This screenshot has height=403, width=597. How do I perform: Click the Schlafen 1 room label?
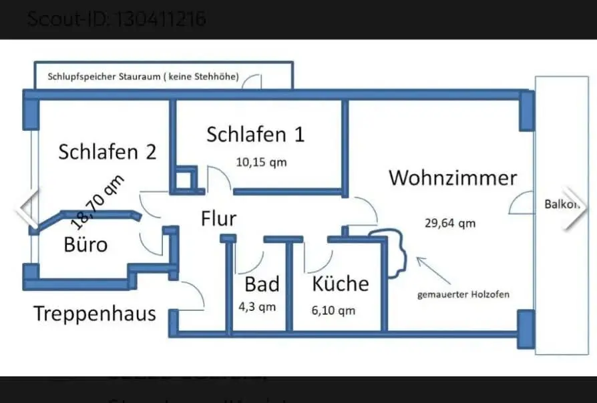coord(255,134)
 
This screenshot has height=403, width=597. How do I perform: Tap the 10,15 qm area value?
coord(261,161)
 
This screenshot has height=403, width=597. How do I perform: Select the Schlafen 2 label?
coord(107,151)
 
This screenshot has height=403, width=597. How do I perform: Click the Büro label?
coord(85,244)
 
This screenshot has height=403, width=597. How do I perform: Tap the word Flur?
coord(218,218)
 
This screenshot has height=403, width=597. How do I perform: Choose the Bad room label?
coord(262,284)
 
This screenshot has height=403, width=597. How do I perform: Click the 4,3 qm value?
coord(257,308)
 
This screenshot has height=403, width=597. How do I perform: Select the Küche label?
coord(341,284)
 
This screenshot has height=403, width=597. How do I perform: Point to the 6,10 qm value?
coord(334,310)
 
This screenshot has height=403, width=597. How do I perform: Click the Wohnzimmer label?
coord(453,178)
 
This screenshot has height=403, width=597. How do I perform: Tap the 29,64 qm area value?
coord(450,224)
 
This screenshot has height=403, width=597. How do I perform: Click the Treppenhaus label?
coord(95,313)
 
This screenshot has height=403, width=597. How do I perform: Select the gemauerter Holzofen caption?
coord(463,294)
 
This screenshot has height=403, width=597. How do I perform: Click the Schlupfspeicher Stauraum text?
coord(143,77)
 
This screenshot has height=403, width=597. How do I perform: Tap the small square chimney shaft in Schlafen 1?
coord(182,179)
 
